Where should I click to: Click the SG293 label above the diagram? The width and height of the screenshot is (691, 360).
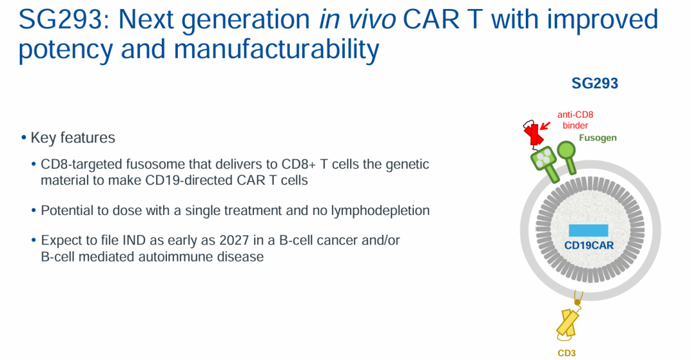tap(594, 83)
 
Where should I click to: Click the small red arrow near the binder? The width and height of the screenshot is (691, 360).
tap(546, 126)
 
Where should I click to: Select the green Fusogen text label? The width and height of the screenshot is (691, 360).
tap(598, 138)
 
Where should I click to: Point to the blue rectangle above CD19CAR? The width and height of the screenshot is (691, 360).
tap(589, 230)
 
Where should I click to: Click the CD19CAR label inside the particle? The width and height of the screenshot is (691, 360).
tap(589, 246)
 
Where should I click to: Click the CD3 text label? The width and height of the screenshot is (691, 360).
tap(567, 353)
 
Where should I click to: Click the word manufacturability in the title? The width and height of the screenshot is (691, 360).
tap(276, 49)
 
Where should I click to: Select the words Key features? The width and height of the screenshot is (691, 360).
tap(73, 137)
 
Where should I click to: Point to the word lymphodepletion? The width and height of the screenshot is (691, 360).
tap(380, 210)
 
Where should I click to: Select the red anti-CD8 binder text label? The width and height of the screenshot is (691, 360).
tap(575, 120)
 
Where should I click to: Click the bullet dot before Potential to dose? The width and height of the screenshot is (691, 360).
tap(34, 210)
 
